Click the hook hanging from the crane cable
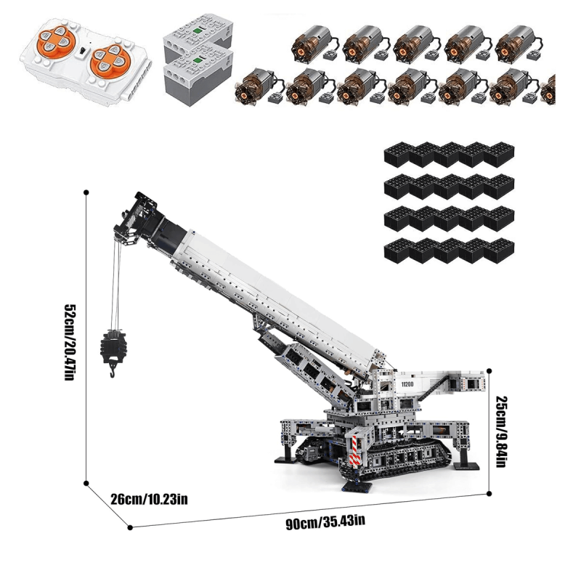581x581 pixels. (113, 370)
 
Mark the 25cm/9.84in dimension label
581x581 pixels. (502, 430)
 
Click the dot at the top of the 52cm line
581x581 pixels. (86, 192)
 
